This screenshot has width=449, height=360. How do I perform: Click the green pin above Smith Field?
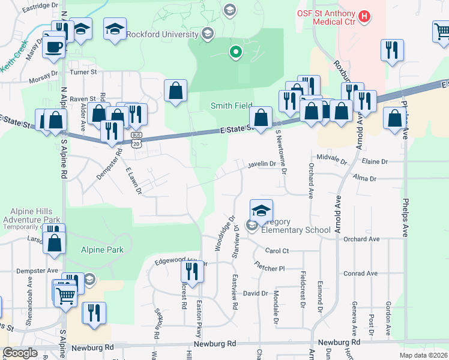click(x=236, y=52)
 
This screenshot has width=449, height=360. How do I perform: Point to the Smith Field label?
click(x=231, y=106)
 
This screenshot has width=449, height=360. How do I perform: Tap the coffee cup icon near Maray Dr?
click(x=55, y=47)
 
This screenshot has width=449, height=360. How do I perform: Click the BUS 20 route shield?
click(x=137, y=140)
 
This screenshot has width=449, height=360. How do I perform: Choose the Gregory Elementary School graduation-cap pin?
click(x=262, y=211)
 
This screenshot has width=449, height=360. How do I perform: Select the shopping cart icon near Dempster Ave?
click(x=66, y=295)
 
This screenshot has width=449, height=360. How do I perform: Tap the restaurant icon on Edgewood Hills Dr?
click(x=192, y=273)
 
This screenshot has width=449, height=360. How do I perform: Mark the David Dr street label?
click(x=255, y=293)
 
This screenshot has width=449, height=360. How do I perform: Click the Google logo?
click(x=20, y=353)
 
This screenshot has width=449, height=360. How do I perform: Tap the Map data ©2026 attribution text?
click(x=423, y=355)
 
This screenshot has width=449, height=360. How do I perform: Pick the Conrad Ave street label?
click(x=361, y=274)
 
